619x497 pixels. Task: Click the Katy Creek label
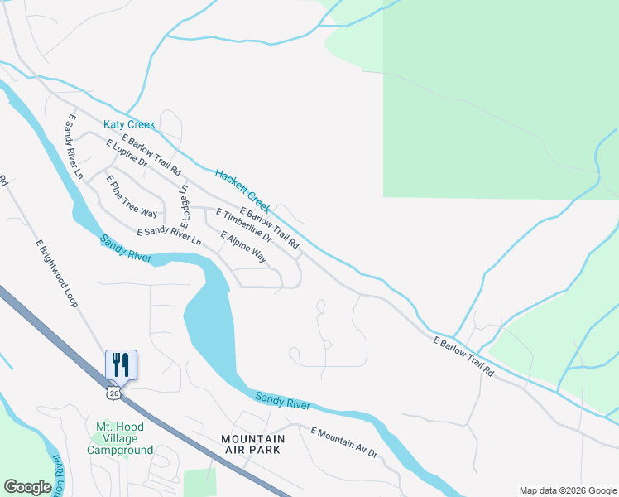pyautogui.click(x=128, y=124)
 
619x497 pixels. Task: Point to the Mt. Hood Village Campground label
pyautogui.click(x=120, y=438)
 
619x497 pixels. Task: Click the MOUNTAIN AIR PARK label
pyautogui.click(x=252, y=444)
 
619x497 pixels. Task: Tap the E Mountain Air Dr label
pyautogui.click(x=343, y=442)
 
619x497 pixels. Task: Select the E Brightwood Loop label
pyautogui.click(x=56, y=273)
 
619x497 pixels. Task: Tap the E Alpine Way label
pyautogui.click(x=243, y=247)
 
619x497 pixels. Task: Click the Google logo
pyautogui.click(x=27, y=487)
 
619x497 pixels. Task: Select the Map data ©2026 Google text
pyautogui.click(x=568, y=490)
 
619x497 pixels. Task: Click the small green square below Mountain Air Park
pyautogui.click(x=199, y=482)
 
